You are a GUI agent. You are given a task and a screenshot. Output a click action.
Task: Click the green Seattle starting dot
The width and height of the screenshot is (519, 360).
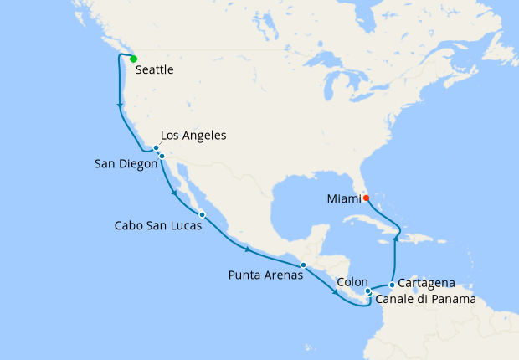(133, 59)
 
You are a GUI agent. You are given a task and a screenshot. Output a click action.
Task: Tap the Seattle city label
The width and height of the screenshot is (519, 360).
(154, 70)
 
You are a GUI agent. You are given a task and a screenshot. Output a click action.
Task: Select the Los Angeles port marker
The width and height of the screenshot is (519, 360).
(156, 148)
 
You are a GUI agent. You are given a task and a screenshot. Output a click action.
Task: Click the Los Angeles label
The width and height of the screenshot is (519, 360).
(193, 136)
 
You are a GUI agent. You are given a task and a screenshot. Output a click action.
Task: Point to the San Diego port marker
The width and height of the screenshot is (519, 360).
(162, 156)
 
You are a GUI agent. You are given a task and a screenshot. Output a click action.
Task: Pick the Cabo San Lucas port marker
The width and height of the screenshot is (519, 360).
(202, 215)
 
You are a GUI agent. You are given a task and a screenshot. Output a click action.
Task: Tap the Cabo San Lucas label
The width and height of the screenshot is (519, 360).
(157, 225)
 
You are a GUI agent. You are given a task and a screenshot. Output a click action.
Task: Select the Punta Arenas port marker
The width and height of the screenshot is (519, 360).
(304, 265)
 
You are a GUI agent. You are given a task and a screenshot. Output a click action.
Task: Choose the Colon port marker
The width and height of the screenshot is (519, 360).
(367, 291)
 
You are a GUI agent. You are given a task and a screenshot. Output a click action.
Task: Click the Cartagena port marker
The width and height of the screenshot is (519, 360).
(391, 285)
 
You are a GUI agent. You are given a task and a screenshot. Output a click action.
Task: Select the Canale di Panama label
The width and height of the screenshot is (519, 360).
(426, 299)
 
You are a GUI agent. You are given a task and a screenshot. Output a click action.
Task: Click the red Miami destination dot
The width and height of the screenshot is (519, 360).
(366, 198)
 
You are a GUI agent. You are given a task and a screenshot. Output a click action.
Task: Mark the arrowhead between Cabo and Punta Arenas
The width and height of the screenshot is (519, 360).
(247, 249)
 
